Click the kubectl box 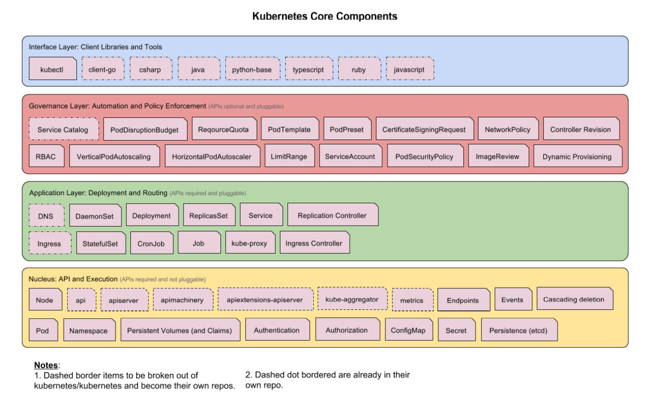coord(52,69)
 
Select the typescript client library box coord(308,69)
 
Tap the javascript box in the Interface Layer coord(409,69)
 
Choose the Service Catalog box coord(63,129)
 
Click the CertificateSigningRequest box coord(424,129)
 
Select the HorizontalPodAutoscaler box coord(212,157)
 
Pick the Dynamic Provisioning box coord(577,157)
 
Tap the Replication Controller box coord(332,215)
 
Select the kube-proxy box coord(249,244)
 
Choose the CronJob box coord(152,244)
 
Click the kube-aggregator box coord(352,299)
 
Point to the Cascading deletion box coord(574,299)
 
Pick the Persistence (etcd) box coord(518,331)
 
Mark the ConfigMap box coord(408,331)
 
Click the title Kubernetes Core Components coord(325,16)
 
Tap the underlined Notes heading coord(47,365)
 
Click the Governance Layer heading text coord(117,106)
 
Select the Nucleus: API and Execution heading coord(73,279)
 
